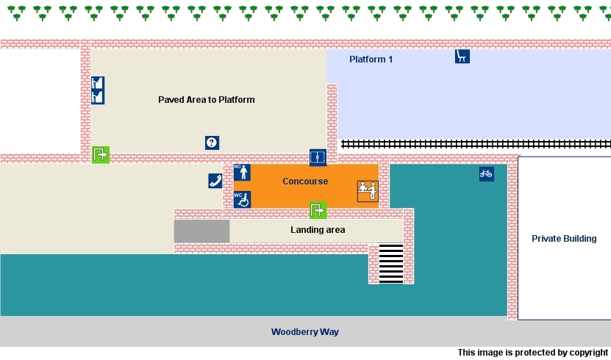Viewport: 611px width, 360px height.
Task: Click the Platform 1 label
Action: [x=371, y=60]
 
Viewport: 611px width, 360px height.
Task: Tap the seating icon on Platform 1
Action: [x=462, y=57]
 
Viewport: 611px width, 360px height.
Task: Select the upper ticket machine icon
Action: [x=98, y=83]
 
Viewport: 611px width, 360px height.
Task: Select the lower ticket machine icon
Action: [x=98, y=97]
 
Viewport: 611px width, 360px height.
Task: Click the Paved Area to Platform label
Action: [x=206, y=99]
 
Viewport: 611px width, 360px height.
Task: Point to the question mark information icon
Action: [x=212, y=143]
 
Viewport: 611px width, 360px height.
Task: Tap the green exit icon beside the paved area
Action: [x=100, y=154]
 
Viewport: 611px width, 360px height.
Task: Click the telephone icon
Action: [x=215, y=181]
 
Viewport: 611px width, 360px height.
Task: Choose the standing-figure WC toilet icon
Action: [x=242, y=173]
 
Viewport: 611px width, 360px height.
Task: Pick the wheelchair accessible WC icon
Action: [x=242, y=199]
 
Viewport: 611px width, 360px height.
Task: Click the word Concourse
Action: [x=305, y=181]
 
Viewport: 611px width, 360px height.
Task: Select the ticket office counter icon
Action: [x=366, y=191]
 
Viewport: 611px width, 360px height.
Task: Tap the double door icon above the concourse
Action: [x=318, y=157]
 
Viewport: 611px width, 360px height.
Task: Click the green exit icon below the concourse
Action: [x=318, y=210]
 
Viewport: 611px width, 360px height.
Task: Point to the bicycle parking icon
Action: [x=486, y=174]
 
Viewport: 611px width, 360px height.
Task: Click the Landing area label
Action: [x=318, y=230]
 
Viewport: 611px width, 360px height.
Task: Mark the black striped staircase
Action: [x=391, y=264]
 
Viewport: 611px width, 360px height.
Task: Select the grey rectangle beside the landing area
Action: [x=201, y=231]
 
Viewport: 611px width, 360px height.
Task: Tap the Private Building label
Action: [x=564, y=239]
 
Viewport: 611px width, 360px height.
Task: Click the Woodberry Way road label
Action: [x=304, y=332]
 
